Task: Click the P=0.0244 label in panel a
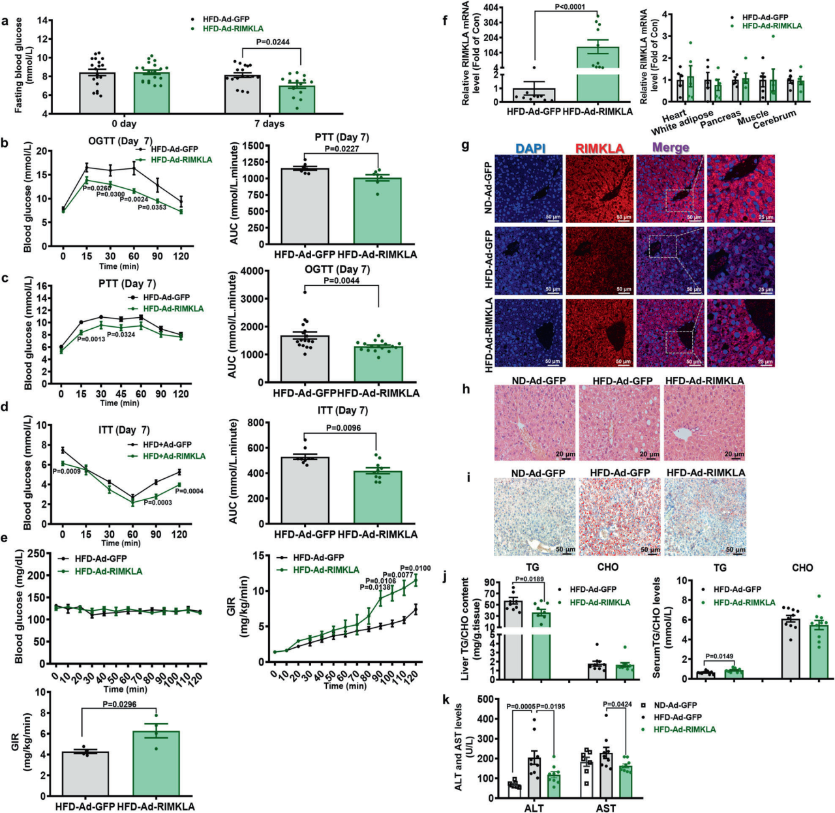[x=273, y=42]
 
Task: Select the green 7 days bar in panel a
[x=297, y=99]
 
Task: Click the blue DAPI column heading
[x=530, y=149]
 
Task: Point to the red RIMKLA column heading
[x=600, y=149]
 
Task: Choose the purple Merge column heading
[x=671, y=148]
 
